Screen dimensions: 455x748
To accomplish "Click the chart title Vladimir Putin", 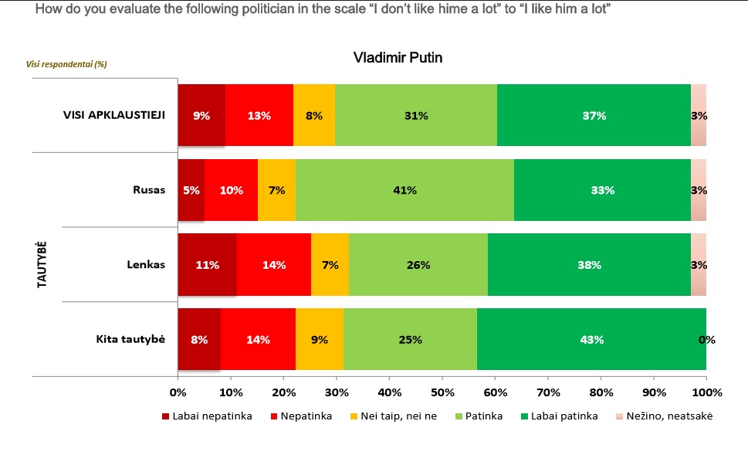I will click(x=398, y=58).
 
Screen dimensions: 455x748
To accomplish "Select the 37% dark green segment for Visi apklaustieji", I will click(x=594, y=116).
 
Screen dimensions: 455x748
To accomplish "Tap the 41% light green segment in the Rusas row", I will click(x=404, y=190).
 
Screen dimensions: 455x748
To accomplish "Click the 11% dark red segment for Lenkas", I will click(x=207, y=265).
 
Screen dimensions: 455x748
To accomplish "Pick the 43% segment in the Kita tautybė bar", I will click(x=591, y=339).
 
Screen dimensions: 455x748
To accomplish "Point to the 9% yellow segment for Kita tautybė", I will click(x=319, y=339).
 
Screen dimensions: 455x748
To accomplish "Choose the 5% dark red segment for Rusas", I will click(x=191, y=190).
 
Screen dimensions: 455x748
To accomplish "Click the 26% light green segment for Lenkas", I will click(x=418, y=265).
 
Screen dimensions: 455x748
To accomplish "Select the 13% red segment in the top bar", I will click(x=259, y=116).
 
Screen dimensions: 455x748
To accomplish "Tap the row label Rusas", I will click(x=148, y=190).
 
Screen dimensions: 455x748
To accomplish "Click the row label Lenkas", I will click(x=146, y=265).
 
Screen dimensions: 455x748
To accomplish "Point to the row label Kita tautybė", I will click(x=130, y=339).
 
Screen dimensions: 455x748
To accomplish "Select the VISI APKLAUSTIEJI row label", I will click(x=114, y=116).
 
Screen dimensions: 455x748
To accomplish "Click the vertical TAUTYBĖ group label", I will click(x=42, y=264).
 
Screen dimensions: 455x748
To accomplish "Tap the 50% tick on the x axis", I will click(x=442, y=392).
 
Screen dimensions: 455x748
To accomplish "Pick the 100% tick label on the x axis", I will click(x=706, y=392).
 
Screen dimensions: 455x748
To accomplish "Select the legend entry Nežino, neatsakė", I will click(x=669, y=416).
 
